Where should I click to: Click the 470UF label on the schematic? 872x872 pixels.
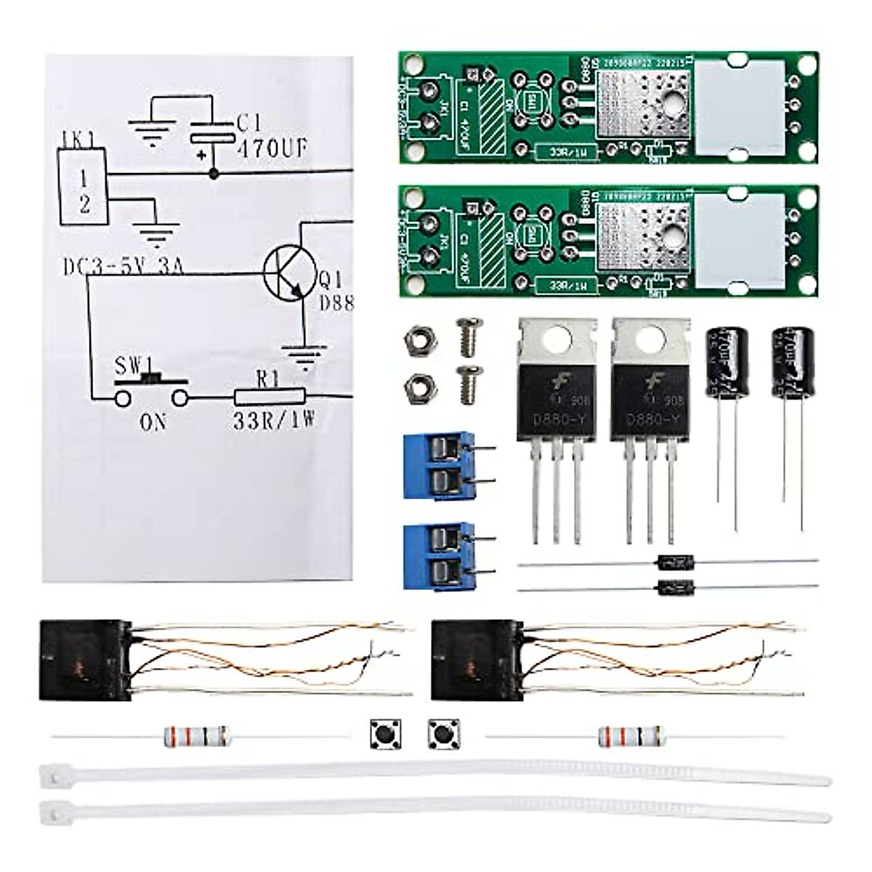[x=272, y=149]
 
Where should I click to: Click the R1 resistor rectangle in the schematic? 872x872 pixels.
[x=270, y=397]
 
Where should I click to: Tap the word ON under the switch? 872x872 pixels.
[x=153, y=421]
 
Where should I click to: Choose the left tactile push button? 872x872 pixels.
[x=386, y=735]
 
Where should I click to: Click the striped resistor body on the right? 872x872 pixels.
[x=631, y=736]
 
